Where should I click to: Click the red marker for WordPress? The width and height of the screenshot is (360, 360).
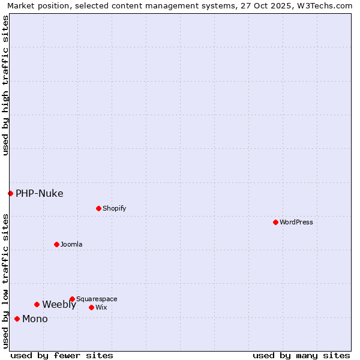(x=275, y=222)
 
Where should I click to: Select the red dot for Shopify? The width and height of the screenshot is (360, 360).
(x=98, y=208)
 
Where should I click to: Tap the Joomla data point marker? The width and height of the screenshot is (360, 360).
(x=56, y=244)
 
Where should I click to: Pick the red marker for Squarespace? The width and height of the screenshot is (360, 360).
(x=72, y=299)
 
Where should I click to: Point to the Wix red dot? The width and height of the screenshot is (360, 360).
(x=91, y=307)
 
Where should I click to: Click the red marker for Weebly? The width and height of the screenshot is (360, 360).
(x=37, y=304)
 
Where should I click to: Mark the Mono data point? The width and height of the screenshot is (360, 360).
(x=17, y=319)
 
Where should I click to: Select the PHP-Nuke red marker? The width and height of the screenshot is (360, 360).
(x=10, y=193)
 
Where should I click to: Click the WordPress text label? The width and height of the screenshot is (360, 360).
(x=296, y=222)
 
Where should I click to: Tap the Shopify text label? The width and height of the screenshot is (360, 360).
(x=114, y=208)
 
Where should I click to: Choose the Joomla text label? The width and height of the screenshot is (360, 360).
(x=71, y=244)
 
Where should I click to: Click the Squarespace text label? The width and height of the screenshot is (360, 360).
(x=97, y=299)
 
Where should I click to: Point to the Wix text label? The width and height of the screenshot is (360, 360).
(x=101, y=307)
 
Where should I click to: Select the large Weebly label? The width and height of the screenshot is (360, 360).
(x=59, y=304)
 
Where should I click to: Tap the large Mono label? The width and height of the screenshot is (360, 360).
(x=35, y=319)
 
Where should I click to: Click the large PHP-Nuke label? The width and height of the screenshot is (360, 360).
(x=39, y=193)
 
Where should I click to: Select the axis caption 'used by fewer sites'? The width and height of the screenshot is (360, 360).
(x=62, y=355)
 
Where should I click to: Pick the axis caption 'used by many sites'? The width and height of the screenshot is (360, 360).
(x=301, y=355)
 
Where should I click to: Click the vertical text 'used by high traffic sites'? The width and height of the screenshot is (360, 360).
(x=5, y=85)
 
